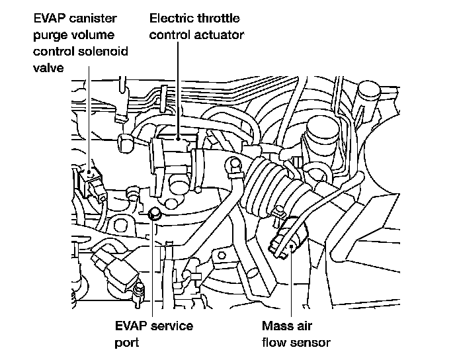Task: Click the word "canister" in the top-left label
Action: click(90, 19)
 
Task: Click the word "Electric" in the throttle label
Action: click(172, 19)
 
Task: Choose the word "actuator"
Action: click(218, 34)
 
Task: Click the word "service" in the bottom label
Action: click(170, 326)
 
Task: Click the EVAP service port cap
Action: click(155, 213)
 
